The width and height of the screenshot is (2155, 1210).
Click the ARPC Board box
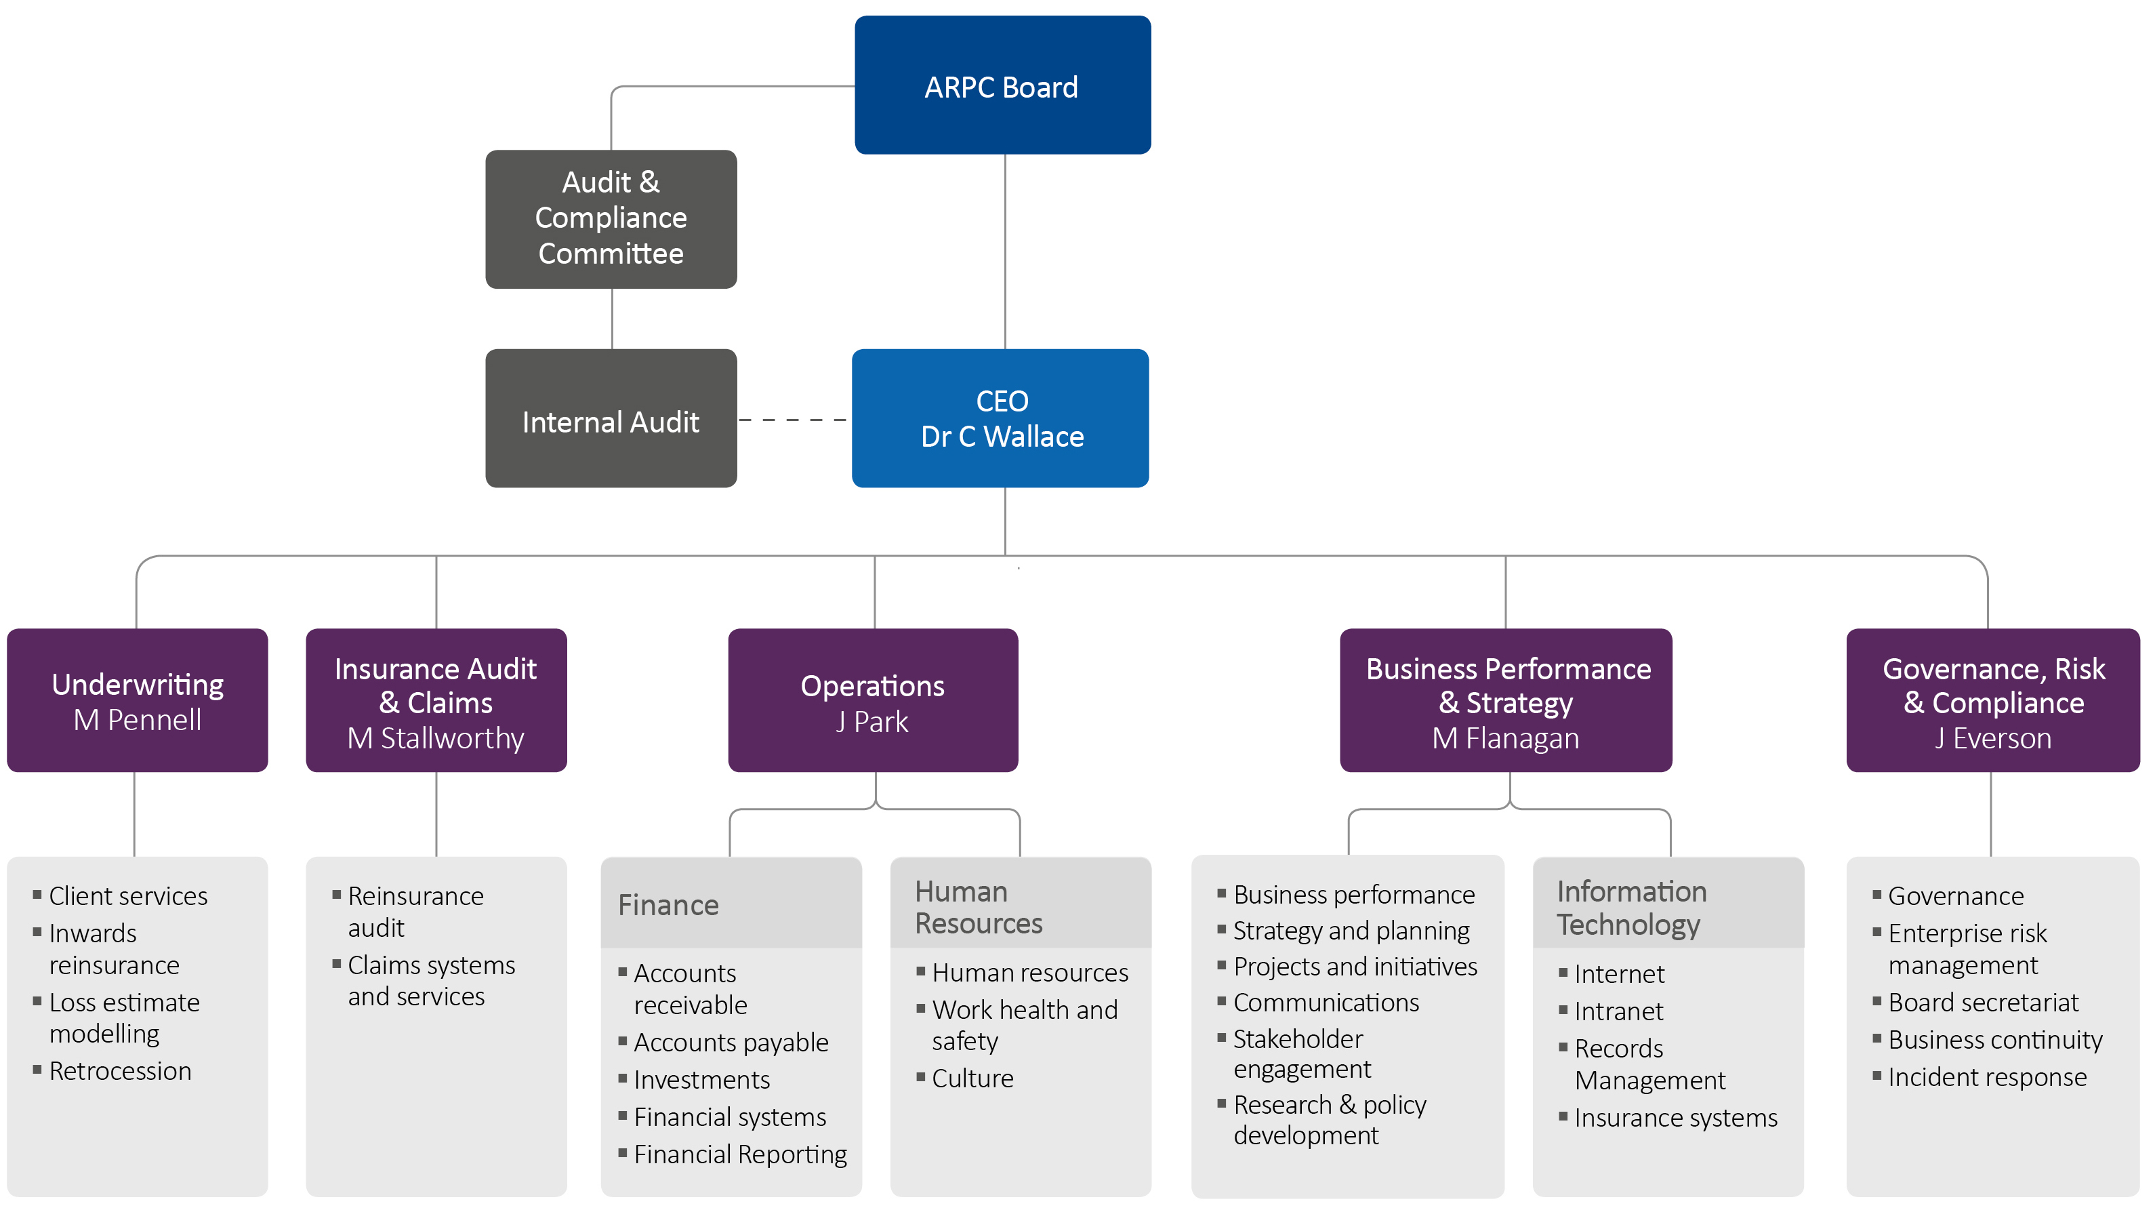coord(1002,85)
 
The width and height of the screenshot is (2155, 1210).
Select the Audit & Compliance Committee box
coord(611,218)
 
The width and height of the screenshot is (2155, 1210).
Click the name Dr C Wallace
coord(1002,437)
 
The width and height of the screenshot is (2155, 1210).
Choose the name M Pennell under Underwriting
coord(137,720)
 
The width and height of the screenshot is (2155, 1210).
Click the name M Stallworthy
coord(436,738)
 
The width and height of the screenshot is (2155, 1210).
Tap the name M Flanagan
coord(1506,738)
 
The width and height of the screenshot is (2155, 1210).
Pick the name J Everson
coord(1993,738)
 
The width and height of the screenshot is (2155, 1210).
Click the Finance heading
coord(668,904)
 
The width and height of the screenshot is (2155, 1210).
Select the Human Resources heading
coord(978,907)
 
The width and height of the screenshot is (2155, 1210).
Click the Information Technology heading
coord(1631,908)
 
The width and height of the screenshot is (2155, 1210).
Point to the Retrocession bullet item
coord(121,1071)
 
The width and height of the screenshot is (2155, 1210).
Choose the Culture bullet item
coord(972,1078)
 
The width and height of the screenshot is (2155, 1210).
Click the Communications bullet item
coord(1326,1003)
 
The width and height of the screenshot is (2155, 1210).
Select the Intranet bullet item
coord(1619,1011)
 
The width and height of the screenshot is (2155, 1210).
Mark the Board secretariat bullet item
coord(1983,1003)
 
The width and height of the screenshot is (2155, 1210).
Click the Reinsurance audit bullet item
coord(415,911)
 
